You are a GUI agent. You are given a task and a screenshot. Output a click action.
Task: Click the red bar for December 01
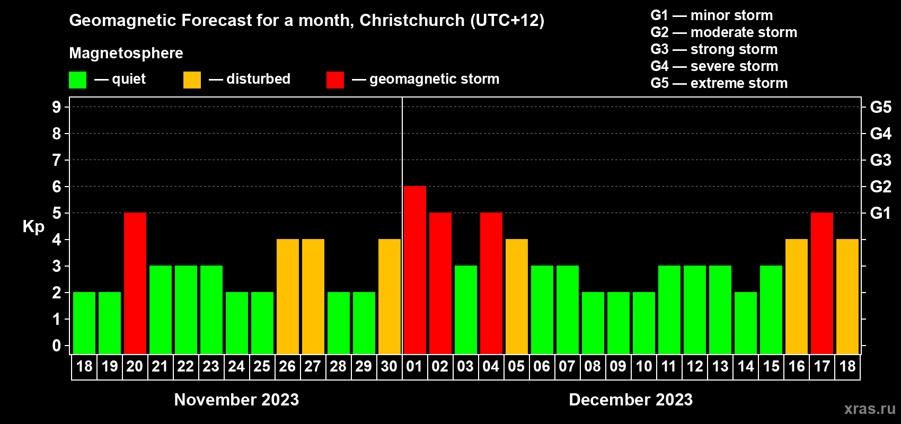414,270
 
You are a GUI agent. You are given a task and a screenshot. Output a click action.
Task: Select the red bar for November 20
135,283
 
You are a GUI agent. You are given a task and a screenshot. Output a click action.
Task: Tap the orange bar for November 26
287,296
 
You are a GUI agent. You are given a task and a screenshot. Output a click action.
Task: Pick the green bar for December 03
465,310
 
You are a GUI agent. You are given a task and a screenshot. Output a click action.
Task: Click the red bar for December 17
821,283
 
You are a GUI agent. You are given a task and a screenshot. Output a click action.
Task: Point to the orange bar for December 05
516,296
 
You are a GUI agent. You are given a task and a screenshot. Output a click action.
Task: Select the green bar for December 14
745,323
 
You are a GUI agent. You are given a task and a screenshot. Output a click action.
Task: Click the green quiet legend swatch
77,80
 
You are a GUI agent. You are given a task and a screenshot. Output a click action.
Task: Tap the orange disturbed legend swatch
192,80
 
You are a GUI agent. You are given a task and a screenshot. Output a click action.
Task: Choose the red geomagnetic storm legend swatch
335,80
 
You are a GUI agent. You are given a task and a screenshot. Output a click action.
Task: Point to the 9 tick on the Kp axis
57,107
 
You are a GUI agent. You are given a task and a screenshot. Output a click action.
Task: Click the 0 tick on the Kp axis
57,346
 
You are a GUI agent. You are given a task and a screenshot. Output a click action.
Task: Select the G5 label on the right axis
880,107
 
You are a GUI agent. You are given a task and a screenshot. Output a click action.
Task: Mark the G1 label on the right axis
880,213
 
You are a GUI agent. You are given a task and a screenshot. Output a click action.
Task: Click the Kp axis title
33,227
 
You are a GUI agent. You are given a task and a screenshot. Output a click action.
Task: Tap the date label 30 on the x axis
389,366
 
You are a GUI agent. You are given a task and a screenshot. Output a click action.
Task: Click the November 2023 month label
236,400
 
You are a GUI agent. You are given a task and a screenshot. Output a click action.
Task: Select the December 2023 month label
630,400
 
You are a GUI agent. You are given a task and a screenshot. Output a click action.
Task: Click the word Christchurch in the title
412,21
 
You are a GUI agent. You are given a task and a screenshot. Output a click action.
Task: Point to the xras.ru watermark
869,409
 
